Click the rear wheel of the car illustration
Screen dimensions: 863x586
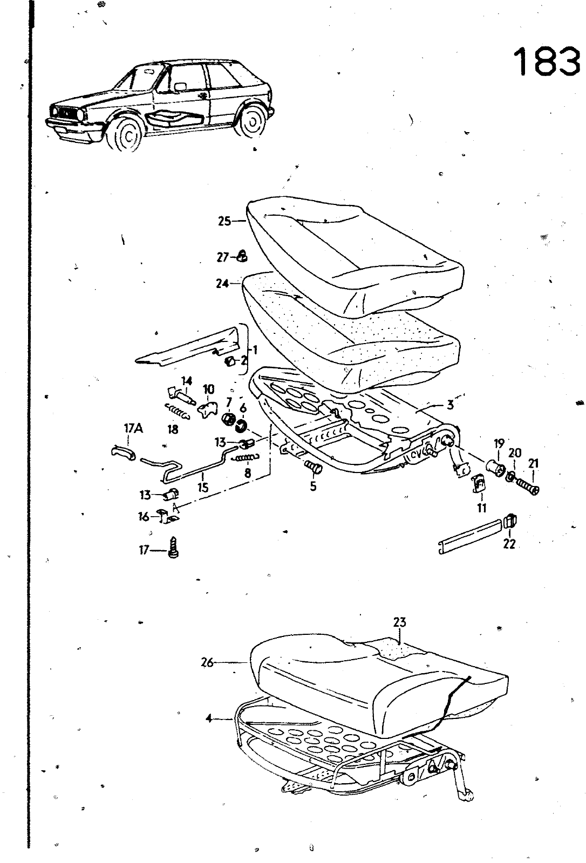(253, 121)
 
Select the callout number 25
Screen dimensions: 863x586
(224, 221)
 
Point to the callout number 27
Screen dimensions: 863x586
(223, 257)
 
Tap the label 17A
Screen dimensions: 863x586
(133, 429)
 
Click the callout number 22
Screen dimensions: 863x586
(509, 544)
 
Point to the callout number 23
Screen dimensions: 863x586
(399, 622)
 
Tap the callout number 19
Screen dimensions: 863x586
(499, 444)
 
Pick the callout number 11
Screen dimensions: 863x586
(481, 508)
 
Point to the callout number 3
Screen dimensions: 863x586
(450, 405)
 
